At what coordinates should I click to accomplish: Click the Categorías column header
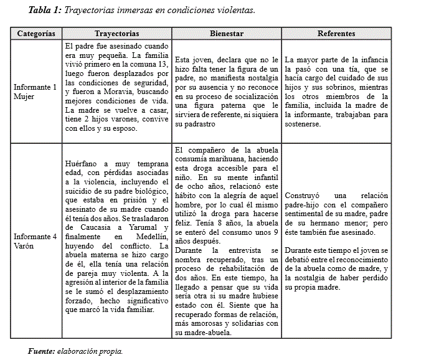pyautogui.click(x=35, y=33)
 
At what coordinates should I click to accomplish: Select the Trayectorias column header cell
pyautogui.click(x=116, y=33)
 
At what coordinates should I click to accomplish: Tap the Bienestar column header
pyautogui.click(x=227, y=33)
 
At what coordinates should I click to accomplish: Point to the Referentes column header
pyautogui.click(x=336, y=33)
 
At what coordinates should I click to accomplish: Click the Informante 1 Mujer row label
pyautogui.click(x=35, y=92)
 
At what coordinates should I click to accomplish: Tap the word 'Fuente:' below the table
pyautogui.click(x=41, y=351)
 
